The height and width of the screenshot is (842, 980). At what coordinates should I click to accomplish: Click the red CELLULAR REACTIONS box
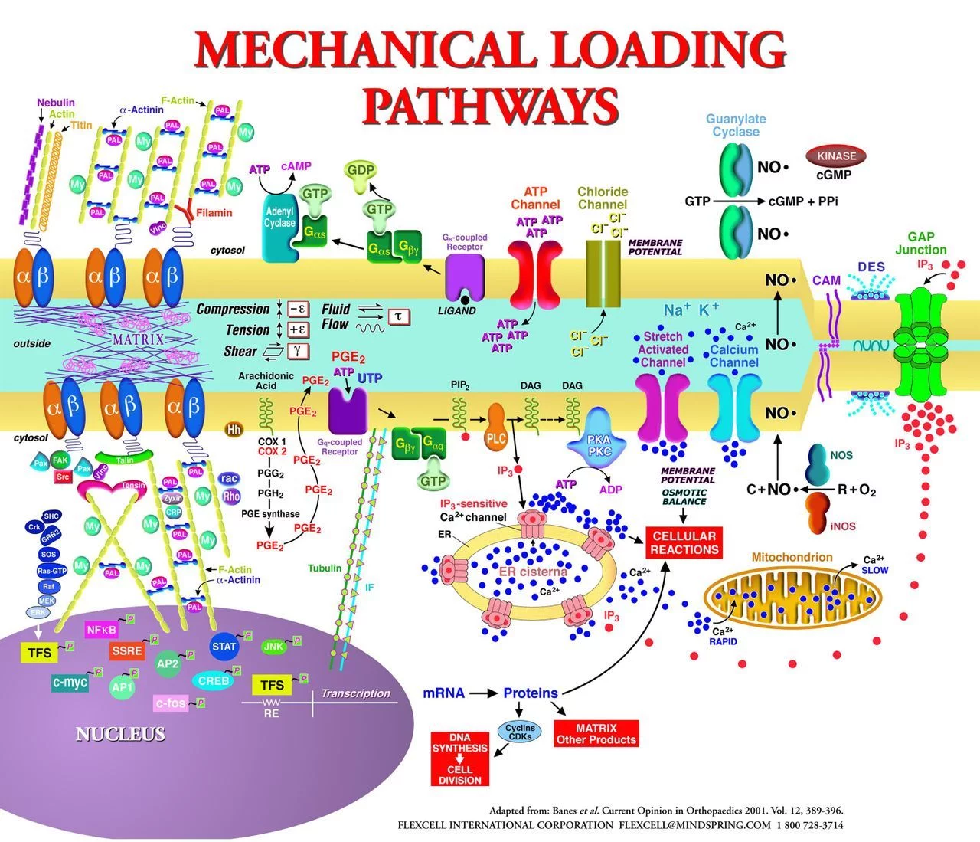click(684, 542)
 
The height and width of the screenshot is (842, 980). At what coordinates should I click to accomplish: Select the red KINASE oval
click(836, 156)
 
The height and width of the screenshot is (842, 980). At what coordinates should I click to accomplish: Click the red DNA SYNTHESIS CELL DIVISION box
click(459, 758)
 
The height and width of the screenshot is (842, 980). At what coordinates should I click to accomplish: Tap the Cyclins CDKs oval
click(521, 732)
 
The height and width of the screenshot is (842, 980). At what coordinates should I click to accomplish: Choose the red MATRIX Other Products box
click(596, 734)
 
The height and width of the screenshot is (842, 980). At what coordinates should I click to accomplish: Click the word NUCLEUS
click(120, 734)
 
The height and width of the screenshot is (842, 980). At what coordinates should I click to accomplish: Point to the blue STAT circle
click(224, 647)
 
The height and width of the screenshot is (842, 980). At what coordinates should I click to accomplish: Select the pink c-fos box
click(170, 703)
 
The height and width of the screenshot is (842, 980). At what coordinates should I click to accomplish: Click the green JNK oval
click(273, 647)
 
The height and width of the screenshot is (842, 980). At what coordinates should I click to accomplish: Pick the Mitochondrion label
click(792, 557)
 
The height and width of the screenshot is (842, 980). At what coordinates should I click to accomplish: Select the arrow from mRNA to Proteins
click(483, 693)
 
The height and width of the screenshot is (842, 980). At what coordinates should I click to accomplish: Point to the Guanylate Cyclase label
click(735, 125)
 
